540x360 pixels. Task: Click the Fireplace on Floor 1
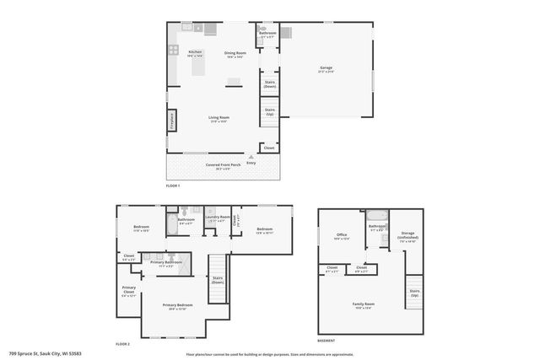(x=171, y=121)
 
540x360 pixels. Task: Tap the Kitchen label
(x=195, y=53)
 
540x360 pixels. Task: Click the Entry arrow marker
(x=251, y=159)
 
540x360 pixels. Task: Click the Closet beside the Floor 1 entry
(x=269, y=148)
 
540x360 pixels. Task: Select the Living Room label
(x=219, y=119)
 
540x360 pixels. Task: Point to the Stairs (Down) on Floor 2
(x=218, y=279)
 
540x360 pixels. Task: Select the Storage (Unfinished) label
(x=408, y=236)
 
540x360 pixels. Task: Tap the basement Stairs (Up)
(x=414, y=292)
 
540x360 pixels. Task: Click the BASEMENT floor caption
(x=326, y=341)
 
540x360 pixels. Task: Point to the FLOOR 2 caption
(x=124, y=345)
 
